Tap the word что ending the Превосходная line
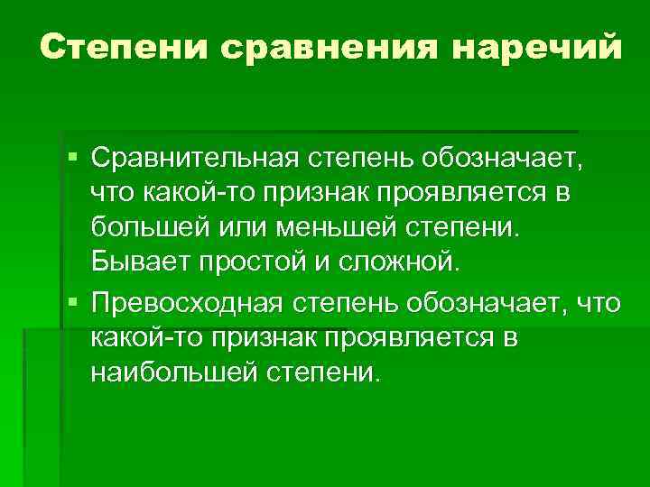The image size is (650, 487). click(x=597, y=303)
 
